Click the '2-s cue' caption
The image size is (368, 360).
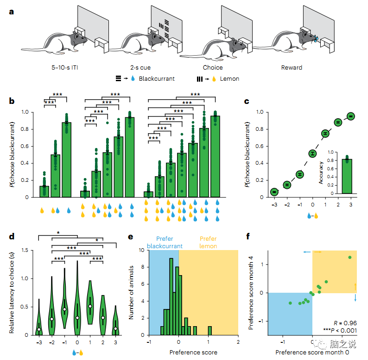140,68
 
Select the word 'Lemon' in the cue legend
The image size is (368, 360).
230,78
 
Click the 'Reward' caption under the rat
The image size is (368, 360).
292,68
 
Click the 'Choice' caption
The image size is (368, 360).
213,68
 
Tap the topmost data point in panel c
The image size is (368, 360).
351,116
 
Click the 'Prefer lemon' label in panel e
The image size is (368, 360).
208,243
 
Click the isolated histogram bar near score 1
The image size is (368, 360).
210,330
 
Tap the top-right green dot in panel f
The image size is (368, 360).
349,257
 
